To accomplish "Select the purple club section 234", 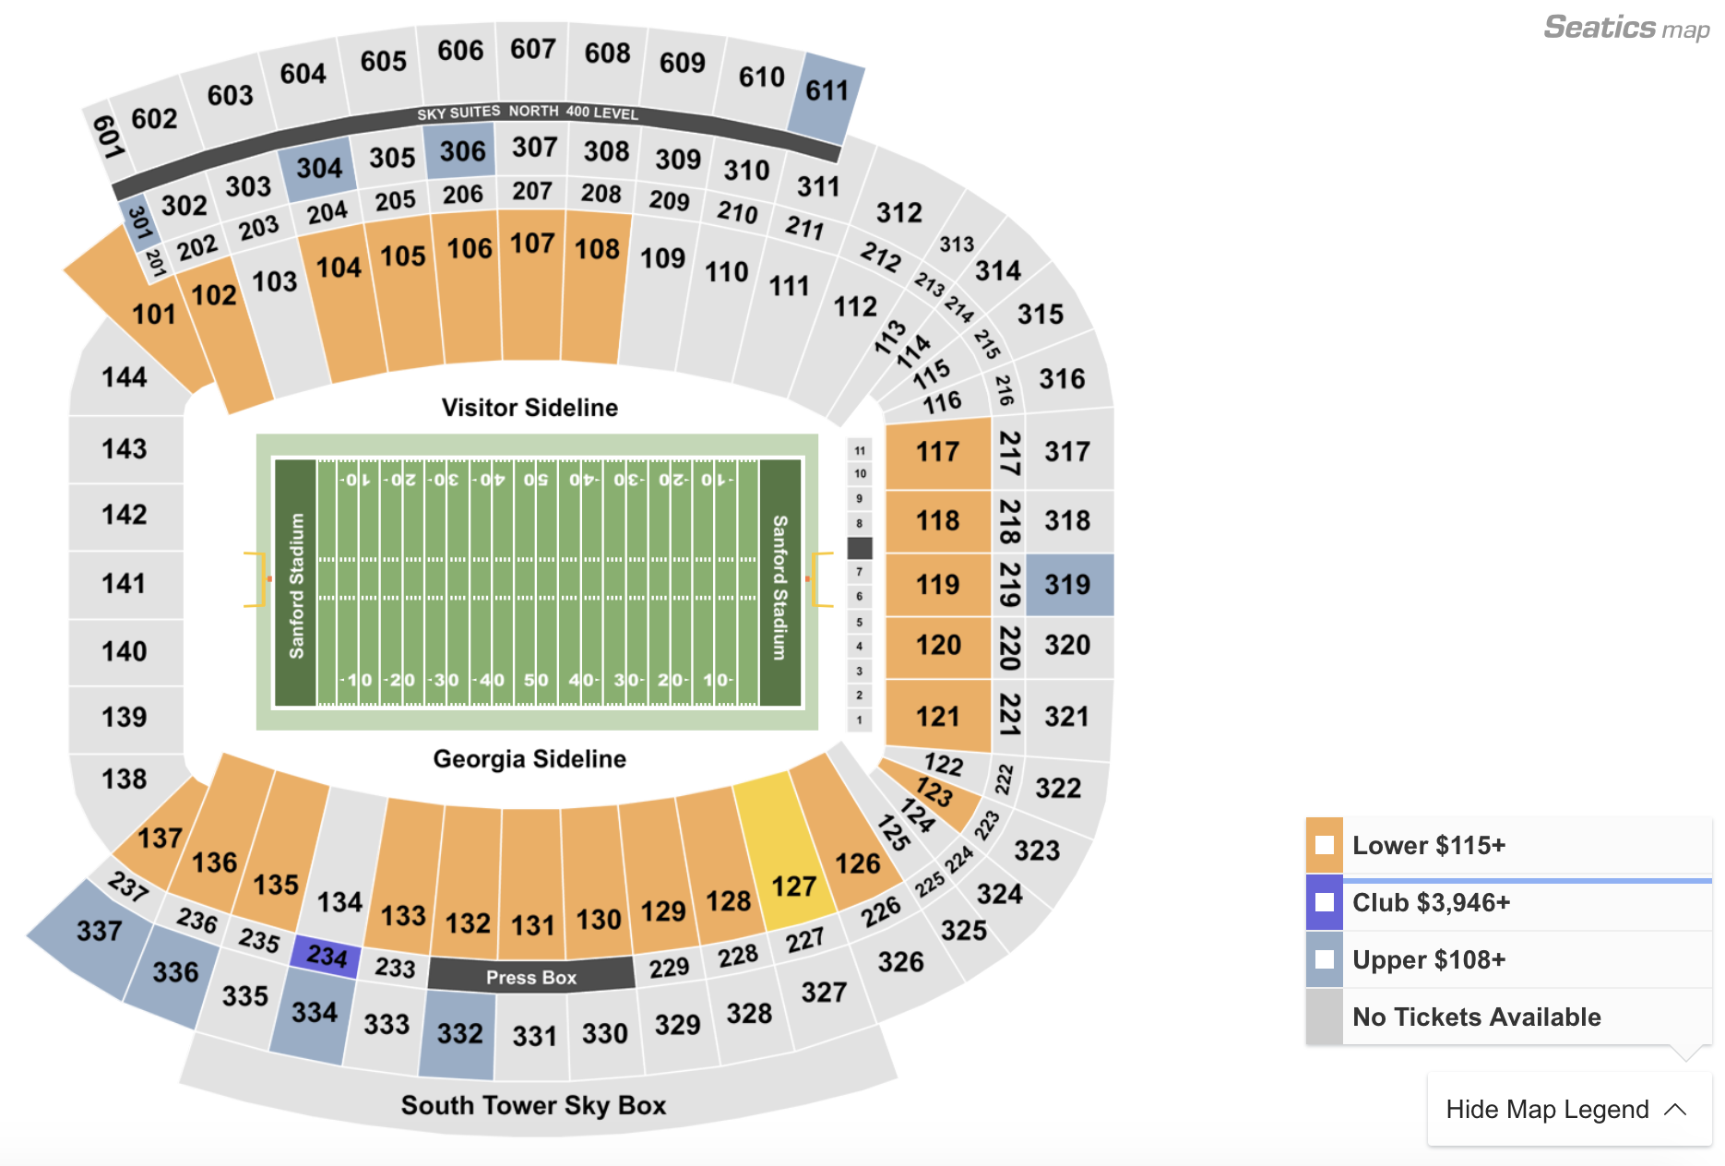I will [326, 956].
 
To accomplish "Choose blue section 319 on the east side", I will [1068, 585].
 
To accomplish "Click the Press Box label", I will [531, 977].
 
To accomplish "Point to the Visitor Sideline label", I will [529, 408].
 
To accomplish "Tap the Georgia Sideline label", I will [529, 759].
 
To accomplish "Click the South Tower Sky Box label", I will [533, 1105].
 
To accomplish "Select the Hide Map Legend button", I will [1567, 1110].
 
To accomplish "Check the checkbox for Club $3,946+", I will [1325, 902].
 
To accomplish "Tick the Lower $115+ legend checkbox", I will [1325, 845].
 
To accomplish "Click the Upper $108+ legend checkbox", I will [1325, 959].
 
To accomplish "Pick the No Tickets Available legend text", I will [1476, 1017].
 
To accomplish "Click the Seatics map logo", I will [1625, 28].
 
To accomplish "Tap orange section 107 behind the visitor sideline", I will [532, 277].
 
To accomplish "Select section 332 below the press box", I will [459, 1033].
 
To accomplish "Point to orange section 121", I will [938, 717].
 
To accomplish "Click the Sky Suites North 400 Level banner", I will [528, 113].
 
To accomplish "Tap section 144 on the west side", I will [125, 377].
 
